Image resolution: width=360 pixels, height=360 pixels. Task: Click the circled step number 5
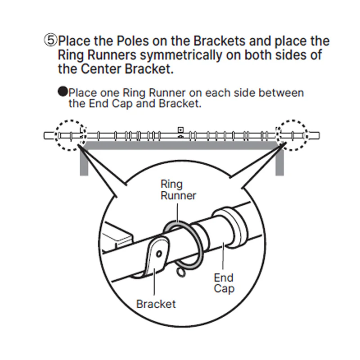coord(50,40)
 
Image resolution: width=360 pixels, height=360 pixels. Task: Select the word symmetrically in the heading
coord(181,55)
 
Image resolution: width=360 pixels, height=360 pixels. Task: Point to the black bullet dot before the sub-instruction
coord(63,91)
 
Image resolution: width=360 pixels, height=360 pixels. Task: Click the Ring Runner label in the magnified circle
coord(178,190)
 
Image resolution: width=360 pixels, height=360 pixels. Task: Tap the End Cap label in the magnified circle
coord(224,283)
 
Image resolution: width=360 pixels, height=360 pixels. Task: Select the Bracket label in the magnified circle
coord(156,304)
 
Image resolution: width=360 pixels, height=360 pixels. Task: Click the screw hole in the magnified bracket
coord(159,254)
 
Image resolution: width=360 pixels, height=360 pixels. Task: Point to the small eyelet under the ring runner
coord(181,272)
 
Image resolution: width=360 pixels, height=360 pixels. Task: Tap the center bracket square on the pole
coord(181,130)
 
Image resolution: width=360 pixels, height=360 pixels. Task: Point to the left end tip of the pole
coord(44,136)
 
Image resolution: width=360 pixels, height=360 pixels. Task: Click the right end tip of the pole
coord(319,136)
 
